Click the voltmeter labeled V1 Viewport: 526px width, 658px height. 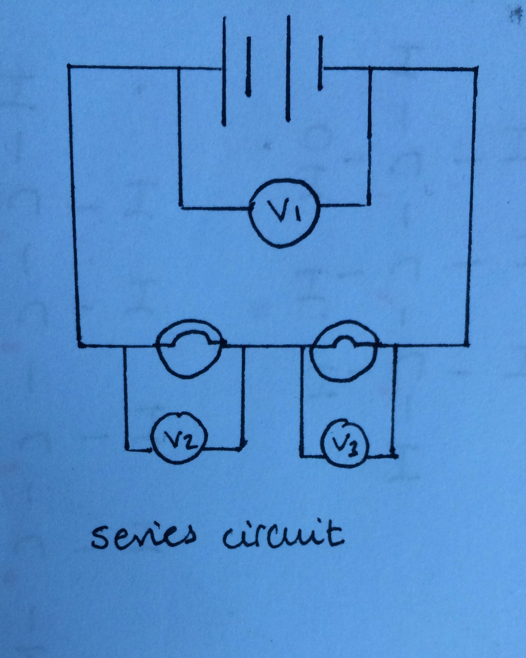coord(284,213)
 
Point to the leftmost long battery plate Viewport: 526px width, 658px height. coord(224,71)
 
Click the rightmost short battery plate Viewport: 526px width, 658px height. coord(320,63)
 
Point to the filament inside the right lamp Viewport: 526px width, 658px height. coord(345,341)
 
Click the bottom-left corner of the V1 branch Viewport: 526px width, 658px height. coord(180,206)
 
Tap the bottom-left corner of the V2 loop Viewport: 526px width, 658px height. coord(127,448)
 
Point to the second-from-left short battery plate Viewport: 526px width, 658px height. coord(248,66)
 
